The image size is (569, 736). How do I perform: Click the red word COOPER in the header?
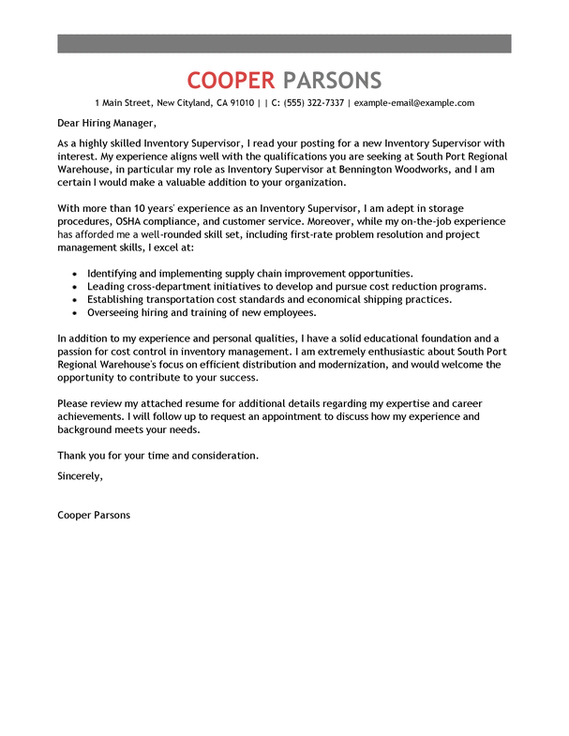(231, 80)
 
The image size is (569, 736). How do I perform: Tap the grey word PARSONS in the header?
(332, 80)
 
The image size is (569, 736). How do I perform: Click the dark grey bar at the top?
(284, 43)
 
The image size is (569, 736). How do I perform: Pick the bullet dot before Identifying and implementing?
(74, 273)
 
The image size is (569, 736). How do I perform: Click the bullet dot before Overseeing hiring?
(74, 313)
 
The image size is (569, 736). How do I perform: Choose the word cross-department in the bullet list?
(172, 286)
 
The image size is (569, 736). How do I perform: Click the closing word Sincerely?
(80, 476)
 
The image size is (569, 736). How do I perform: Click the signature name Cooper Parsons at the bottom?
(94, 515)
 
